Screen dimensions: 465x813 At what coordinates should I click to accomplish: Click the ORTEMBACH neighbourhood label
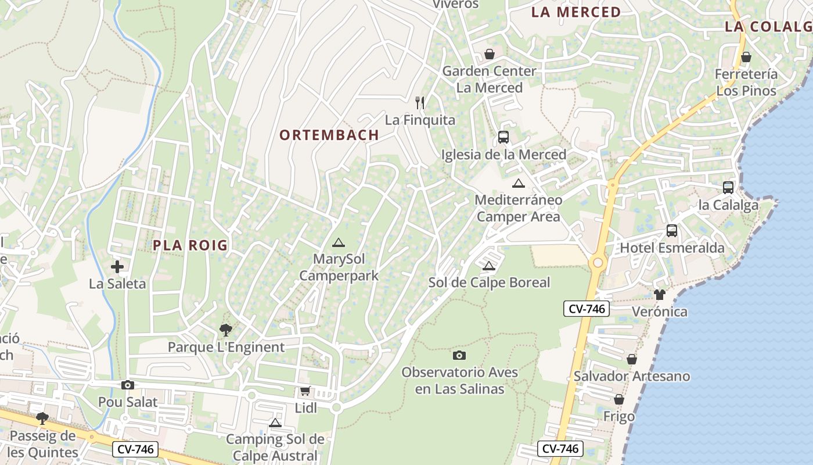pyautogui.click(x=329, y=135)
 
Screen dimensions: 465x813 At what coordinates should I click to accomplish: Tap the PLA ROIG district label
pyautogui.click(x=190, y=245)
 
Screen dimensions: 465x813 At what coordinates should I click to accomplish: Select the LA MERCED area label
pyautogui.click(x=576, y=12)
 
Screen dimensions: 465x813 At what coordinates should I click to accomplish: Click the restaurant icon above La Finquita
pyautogui.click(x=420, y=103)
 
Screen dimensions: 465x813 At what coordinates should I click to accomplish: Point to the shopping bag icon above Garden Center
pyautogui.click(x=490, y=54)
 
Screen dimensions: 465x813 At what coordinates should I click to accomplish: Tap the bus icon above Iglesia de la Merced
pyautogui.click(x=503, y=137)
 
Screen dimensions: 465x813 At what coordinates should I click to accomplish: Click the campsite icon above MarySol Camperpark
pyautogui.click(x=339, y=242)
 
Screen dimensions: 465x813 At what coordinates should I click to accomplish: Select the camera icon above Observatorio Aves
pyautogui.click(x=459, y=355)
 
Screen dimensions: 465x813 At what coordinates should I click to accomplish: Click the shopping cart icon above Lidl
pyautogui.click(x=305, y=391)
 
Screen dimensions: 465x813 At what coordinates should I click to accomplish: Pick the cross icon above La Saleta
pyautogui.click(x=117, y=267)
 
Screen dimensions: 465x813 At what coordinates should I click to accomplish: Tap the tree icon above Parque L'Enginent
pyautogui.click(x=226, y=330)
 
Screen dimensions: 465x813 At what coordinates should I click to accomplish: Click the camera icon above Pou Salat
pyautogui.click(x=128, y=385)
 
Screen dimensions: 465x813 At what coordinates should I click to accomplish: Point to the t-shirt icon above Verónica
pyautogui.click(x=659, y=294)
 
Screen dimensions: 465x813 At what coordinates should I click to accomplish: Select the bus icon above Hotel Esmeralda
pyautogui.click(x=672, y=231)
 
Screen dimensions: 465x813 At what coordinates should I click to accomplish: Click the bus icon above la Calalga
pyautogui.click(x=728, y=187)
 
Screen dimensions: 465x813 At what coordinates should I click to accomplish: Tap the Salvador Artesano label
pyautogui.click(x=632, y=376)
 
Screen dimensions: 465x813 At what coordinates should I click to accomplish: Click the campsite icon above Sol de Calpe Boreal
pyautogui.click(x=489, y=266)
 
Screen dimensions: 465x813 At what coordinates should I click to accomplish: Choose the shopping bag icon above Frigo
pyautogui.click(x=619, y=399)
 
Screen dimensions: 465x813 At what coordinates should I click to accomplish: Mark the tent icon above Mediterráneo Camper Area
pyautogui.click(x=519, y=183)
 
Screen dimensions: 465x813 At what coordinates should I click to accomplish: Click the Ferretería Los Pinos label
pyautogui.click(x=746, y=83)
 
